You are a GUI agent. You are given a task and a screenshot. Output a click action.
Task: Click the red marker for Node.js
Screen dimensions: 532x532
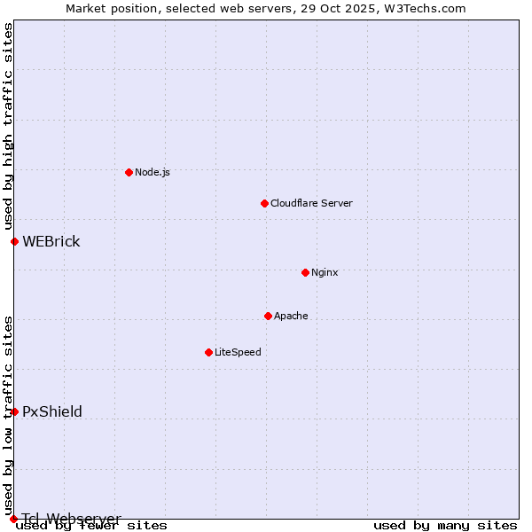(129, 172)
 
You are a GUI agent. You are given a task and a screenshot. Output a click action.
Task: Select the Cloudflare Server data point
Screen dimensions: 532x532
(264, 203)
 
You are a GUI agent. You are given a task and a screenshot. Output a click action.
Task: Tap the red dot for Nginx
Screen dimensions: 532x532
(305, 272)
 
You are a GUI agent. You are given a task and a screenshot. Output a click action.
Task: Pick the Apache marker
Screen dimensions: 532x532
(268, 316)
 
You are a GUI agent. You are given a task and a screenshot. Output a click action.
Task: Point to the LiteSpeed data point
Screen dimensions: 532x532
(208, 352)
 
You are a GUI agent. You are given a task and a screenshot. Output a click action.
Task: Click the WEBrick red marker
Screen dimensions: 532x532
(14, 241)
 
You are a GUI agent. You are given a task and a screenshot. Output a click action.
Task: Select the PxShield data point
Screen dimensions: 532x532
(14, 411)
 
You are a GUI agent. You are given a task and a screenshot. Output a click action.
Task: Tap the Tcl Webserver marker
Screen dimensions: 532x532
(13, 519)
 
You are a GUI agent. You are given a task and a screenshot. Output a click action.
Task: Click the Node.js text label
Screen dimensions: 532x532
(153, 172)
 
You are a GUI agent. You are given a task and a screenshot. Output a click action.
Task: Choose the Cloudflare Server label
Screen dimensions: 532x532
(311, 203)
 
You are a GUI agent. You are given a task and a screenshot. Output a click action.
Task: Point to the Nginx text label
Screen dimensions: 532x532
(325, 272)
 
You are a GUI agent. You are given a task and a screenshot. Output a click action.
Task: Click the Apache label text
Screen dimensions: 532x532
(291, 316)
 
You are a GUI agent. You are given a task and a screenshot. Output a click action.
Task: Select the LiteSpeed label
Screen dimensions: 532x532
(238, 352)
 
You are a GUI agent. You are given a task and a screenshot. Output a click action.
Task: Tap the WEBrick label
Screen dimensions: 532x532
(51, 242)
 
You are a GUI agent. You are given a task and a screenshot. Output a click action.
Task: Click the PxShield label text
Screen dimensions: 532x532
(52, 411)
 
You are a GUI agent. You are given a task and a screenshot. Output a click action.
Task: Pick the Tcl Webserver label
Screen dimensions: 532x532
(72, 518)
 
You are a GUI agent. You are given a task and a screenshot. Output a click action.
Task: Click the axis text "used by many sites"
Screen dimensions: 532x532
(445, 526)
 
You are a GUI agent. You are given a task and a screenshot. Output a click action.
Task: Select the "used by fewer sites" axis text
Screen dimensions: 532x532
(91, 526)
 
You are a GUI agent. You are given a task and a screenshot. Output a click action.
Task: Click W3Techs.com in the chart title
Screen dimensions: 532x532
(425, 8)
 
